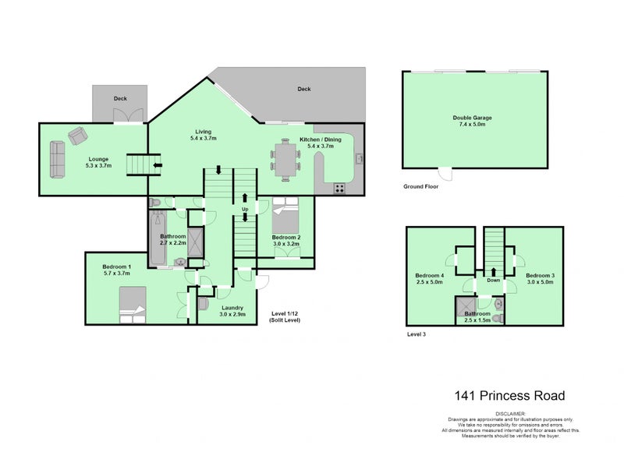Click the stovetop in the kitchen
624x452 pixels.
click(x=341, y=188)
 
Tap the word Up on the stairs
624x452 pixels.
click(x=246, y=210)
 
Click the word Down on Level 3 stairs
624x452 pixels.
click(x=493, y=281)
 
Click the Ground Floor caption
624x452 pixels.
click(x=422, y=187)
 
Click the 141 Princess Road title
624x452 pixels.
click(x=509, y=396)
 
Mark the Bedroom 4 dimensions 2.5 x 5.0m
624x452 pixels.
click(x=429, y=282)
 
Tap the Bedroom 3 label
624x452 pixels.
click(x=539, y=276)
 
